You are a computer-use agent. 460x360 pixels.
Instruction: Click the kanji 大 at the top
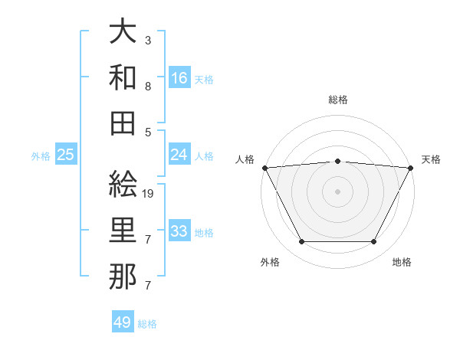point(123,32)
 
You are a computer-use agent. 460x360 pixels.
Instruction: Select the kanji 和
point(123,77)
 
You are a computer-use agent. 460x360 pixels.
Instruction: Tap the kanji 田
point(123,123)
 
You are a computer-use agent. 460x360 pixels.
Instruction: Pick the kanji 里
point(123,231)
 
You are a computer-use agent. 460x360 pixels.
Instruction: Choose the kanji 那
point(123,277)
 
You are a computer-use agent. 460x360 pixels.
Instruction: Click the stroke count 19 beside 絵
point(149,195)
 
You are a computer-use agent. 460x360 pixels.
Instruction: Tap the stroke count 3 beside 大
point(147,40)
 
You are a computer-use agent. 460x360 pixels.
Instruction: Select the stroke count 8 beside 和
point(147,86)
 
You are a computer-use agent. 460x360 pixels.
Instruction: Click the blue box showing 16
point(179,77)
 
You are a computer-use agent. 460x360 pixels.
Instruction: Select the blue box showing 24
point(179,155)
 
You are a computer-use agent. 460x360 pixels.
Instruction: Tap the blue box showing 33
point(179,231)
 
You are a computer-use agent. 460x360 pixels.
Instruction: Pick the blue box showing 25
point(66,155)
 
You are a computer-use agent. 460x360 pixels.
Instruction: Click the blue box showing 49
point(123,322)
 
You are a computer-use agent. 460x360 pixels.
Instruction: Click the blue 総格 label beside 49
point(147,324)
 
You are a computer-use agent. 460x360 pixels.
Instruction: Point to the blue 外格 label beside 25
point(41,156)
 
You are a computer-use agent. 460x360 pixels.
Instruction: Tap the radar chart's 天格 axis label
point(431,159)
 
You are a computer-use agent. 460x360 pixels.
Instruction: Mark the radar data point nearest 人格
point(264,167)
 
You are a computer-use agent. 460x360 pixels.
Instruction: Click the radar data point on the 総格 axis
point(337,161)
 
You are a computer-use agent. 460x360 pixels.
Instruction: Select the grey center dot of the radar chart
point(337,191)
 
